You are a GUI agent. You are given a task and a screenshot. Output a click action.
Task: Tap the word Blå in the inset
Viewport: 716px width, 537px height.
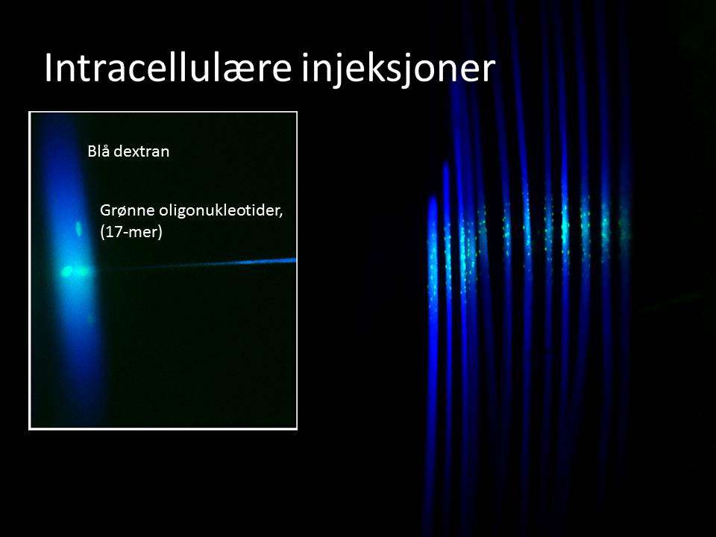[x=98, y=151]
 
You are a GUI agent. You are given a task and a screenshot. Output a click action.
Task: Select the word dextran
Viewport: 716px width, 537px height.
[x=141, y=151]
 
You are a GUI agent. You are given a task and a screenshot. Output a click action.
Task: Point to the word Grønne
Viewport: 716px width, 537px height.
[x=128, y=210]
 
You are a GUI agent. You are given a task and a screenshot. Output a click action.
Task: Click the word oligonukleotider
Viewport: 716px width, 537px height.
[x=219, y=210]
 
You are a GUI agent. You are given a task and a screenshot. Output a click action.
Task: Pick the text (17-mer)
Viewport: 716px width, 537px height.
[x=131, y=232]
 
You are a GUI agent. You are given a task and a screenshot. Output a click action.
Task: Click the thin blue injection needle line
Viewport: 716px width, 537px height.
[x=196, y=264]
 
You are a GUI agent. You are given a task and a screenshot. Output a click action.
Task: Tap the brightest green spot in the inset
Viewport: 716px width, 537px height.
[x=67, y=271]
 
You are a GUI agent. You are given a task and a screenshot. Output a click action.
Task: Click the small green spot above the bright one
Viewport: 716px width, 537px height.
[x=78, y=228]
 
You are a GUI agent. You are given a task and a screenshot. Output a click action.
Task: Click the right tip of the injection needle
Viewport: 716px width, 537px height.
[x=295, y=260]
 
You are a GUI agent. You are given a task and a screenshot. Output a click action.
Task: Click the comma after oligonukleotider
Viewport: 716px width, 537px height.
[x=281, y=217]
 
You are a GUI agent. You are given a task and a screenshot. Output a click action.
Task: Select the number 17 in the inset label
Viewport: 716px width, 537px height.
[x=113, y=232]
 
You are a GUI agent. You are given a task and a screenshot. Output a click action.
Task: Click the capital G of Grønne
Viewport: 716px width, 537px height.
[x=105, y=210]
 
